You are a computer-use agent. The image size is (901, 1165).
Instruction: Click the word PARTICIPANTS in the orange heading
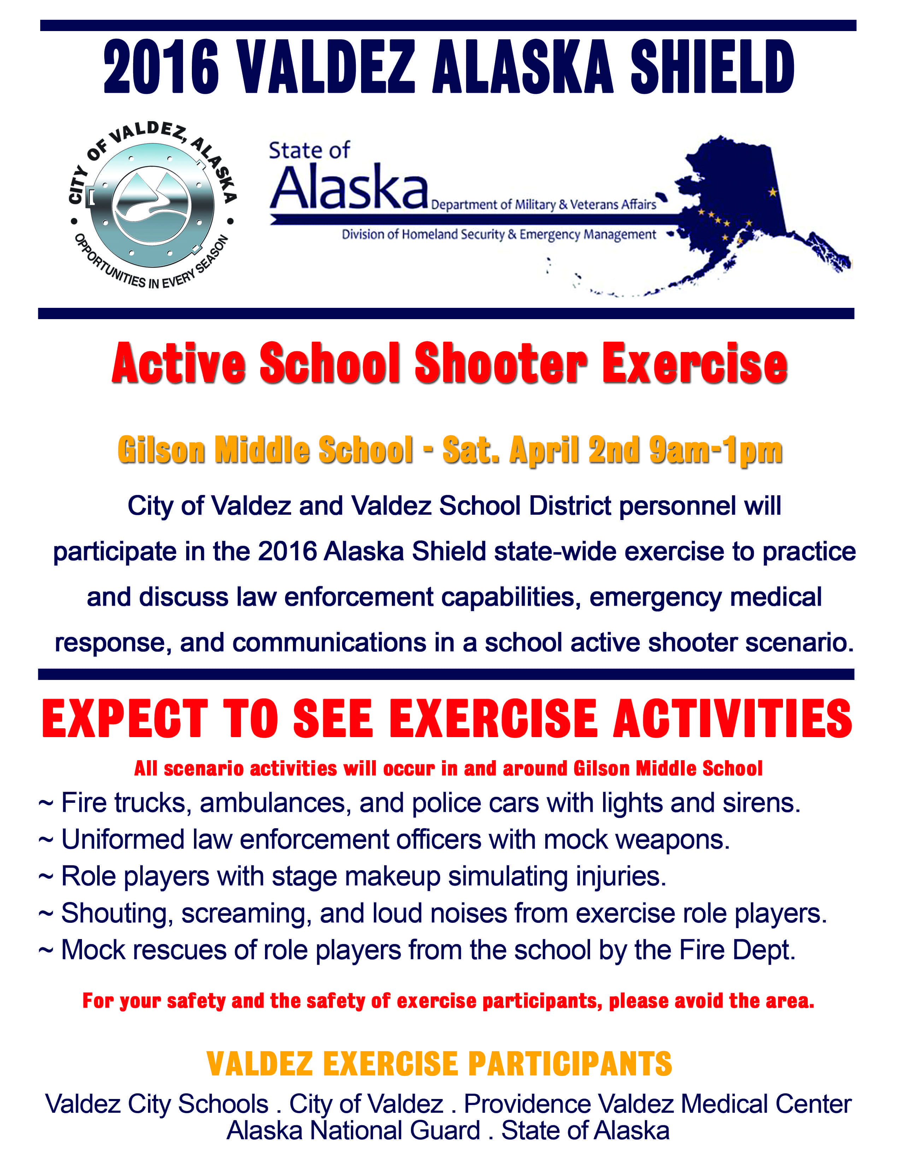tap(570, 1064)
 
